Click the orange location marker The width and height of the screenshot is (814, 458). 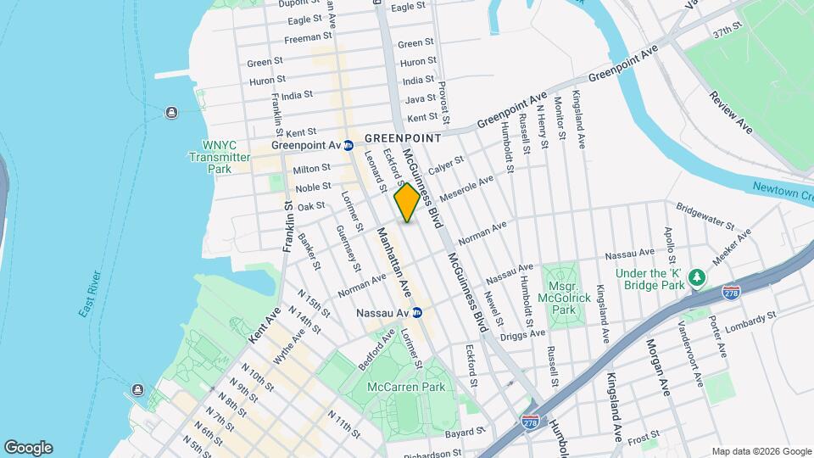pos(407,203)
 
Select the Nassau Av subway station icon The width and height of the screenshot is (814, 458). pos(417,313)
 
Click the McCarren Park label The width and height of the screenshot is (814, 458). pos(406,388)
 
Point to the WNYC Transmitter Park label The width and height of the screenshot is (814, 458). pos(220,157)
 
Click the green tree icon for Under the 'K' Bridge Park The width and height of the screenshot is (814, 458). pos(697,276)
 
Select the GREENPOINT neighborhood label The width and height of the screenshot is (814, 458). pos(404,137)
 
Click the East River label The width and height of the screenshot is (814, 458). pos(92,295)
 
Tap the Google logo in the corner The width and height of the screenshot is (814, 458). pos(28,448)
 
